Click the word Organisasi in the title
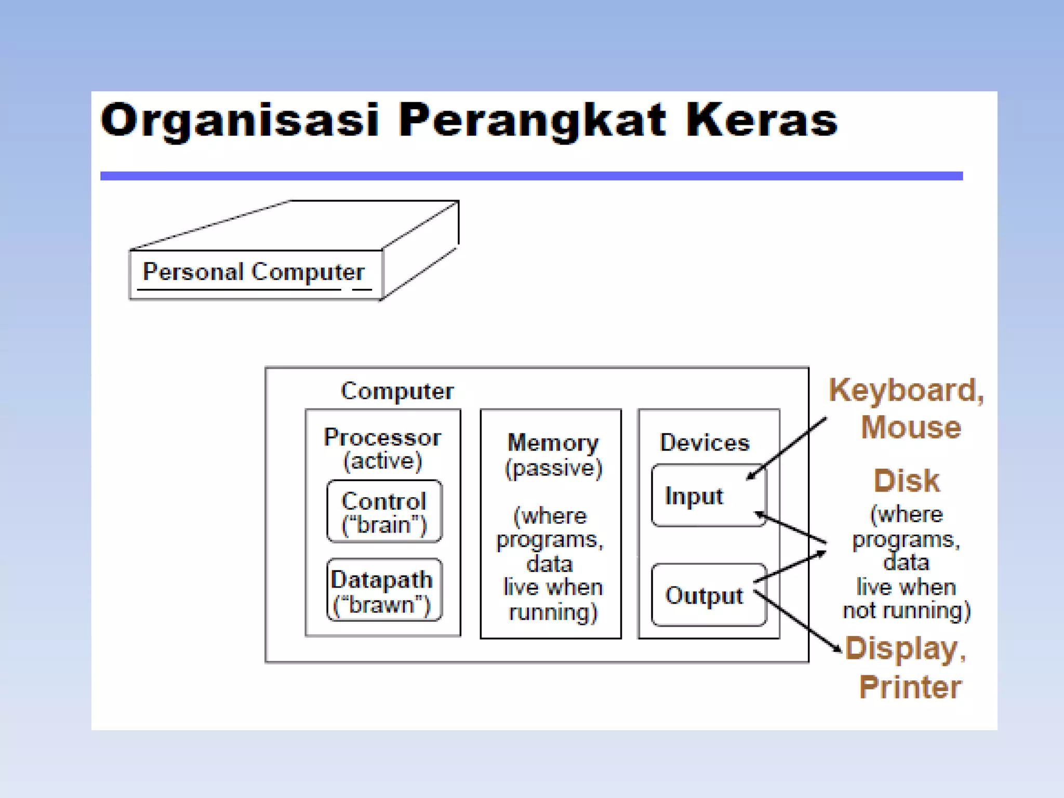click(240, 121)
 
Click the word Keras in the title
click(762, 121)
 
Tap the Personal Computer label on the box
click(254, 272)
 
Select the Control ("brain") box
click(384, 512)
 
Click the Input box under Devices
click(708, 496)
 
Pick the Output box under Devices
click(708, 595)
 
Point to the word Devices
click(704, 443)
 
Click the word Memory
click(553, 443)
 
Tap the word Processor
click(382, 437)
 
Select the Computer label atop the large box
click(397, 391)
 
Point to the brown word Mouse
click(911, 427)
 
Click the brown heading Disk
click(907, 481)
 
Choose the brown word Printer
click(910, 687)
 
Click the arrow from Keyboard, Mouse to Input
click(788, 448)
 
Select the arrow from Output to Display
click(797, 620)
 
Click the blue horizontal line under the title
click(531, 176)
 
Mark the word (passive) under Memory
click(554, 469)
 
